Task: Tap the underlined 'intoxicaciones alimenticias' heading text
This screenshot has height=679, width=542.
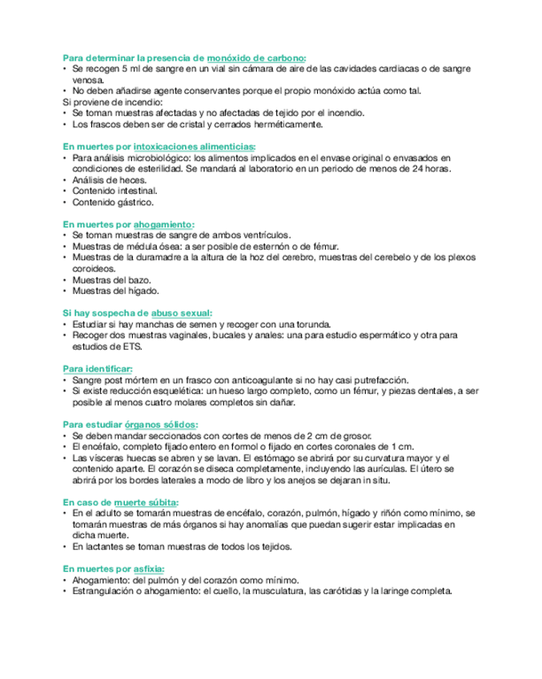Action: pyautogui.click(x=195, y=147)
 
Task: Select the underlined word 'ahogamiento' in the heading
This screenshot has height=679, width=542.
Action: pyautogui.click(x=164, y=224)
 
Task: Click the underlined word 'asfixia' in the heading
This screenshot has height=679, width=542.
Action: pyautogui.click(x=149, y=568)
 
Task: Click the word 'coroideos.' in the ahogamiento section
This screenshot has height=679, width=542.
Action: pyautogui.click(x=93, y=268)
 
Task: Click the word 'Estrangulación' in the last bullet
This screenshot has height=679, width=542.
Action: pyautogui.click(x=102, y=591)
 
